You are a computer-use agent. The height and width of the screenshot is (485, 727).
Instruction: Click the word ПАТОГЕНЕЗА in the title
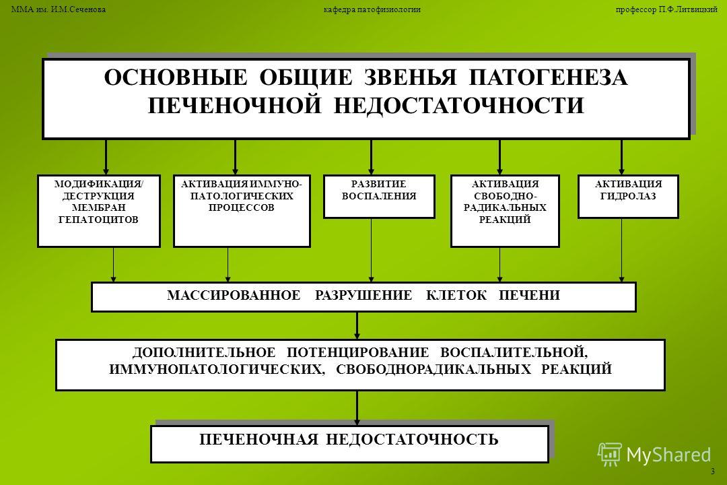(x=549, y=77)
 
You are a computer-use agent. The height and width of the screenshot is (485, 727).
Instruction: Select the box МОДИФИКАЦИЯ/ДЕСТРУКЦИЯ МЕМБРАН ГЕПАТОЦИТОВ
(x=99, y=211)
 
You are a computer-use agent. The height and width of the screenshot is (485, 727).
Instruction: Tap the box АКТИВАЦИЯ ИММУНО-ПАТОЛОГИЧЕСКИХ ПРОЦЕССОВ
(x=242, y=211)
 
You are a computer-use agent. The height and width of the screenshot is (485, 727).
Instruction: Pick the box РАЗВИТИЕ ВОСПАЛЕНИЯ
(x=379, y=196)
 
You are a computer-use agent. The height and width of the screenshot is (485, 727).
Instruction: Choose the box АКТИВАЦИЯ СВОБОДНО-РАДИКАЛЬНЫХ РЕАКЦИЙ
(x=505, y=211)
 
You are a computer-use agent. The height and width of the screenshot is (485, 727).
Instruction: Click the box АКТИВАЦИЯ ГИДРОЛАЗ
(x=628, y=196)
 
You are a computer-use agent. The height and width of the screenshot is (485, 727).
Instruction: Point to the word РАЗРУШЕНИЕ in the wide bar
(x=363, y=296)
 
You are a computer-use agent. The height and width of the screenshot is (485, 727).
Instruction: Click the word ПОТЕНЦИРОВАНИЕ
(x=357, y=353)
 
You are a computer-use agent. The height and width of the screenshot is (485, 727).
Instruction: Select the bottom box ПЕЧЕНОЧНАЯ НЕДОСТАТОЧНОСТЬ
(x=349, y=444)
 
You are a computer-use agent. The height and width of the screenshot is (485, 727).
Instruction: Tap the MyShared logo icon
(x=609, y=454)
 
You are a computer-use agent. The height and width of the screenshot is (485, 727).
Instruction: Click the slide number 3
(x=713, y=472)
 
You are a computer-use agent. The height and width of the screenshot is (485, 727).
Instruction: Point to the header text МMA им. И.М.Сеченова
(x=59, y=9)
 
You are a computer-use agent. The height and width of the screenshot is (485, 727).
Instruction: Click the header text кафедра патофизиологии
(x=372, y=9)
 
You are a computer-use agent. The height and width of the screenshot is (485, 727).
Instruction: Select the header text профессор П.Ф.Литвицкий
(x=666, y=9)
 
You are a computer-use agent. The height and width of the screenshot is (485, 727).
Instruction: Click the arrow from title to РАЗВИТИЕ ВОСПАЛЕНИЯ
(x=372, y=157)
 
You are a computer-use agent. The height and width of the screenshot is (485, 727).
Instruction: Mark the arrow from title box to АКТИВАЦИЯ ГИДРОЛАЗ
(x=622, y=157)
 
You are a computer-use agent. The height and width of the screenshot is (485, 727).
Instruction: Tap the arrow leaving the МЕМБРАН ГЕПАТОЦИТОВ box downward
(x=114, y=265)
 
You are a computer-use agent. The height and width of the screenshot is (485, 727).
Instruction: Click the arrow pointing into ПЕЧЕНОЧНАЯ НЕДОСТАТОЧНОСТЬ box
(x=357, y=408)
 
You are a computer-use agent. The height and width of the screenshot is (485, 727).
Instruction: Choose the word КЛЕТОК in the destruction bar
(x=456, y=296)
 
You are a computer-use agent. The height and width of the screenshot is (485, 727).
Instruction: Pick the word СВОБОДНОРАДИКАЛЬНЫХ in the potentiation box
(x=434, y=370)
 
